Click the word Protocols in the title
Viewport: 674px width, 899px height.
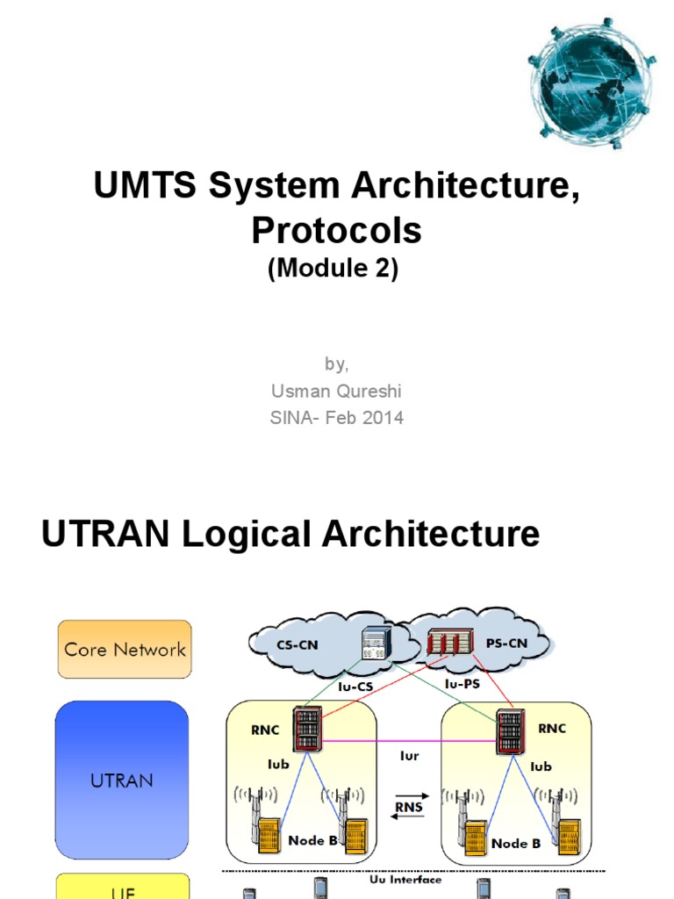[336, 230]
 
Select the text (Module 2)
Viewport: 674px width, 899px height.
[333, 270]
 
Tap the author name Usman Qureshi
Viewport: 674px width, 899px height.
[336, 391]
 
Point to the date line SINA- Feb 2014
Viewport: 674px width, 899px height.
[336, 418]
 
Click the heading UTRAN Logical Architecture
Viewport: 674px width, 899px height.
[290, 534]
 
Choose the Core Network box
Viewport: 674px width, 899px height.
[125, 650]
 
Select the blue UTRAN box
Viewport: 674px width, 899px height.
[121, 779]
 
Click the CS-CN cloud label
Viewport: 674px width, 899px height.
[297, 644]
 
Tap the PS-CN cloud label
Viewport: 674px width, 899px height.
[506, 643]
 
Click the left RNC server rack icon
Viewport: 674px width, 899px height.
[307, 729]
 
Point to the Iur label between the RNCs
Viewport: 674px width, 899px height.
[409, 753]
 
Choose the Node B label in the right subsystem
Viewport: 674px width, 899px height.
[515, 843]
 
